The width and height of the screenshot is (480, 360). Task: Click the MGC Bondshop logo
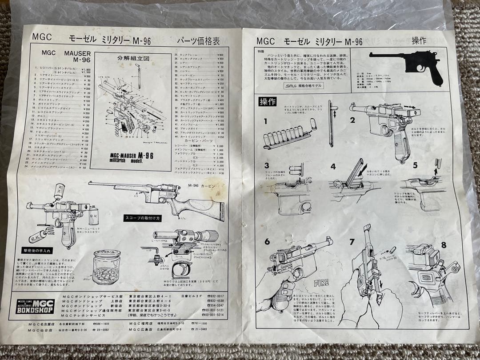[x=35, y=307]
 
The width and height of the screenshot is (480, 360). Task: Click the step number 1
[x=266, y=121]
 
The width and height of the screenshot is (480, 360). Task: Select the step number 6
[x=267, y=242]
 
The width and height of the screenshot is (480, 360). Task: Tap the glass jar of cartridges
[x=106, y=267]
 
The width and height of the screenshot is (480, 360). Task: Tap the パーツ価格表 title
[x=198, y=41]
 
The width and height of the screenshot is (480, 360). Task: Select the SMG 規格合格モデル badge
[x=304, y=86]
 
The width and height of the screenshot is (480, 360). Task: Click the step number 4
[x=333, y=167]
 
